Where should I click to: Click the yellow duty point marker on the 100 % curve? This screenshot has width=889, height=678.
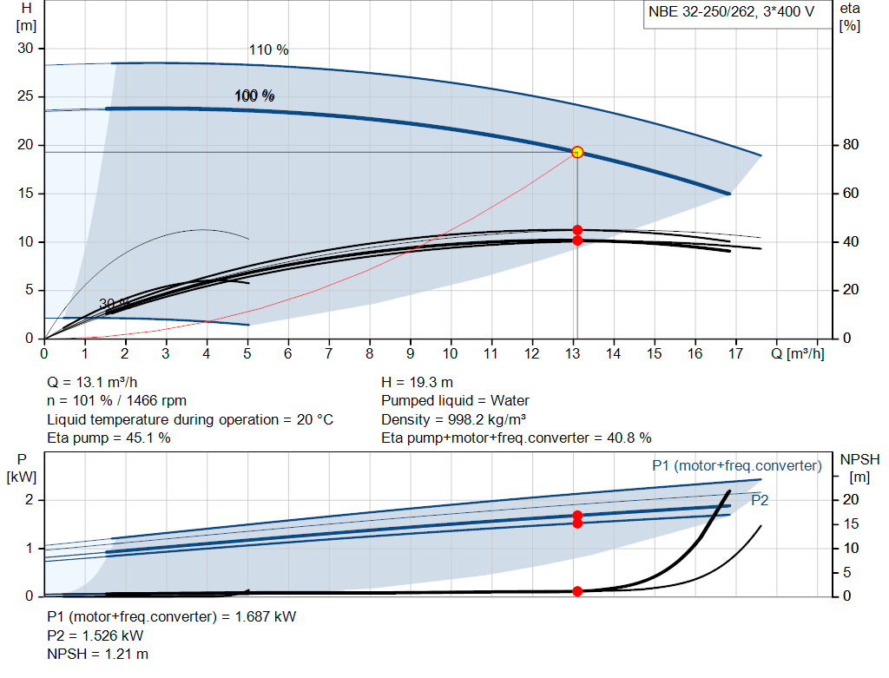pyautogui.click(x=577, y=152)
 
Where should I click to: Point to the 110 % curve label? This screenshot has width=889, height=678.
pyautogui.click(x=268, y=49)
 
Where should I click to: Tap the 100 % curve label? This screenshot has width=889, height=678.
pyautogui.click(x=254, y=95)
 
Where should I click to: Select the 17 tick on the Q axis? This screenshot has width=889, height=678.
pyautogui.click(x=736, y=353)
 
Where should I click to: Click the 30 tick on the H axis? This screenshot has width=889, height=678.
pyautogui.click(x=26, y=49)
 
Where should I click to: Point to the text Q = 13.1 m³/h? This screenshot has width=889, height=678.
pyautogui.click(x=91, y=382)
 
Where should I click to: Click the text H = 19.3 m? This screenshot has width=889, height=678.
pyautogui.click(x=417, y=382)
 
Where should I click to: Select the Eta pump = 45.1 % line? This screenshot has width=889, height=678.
pyautogui.click(x=109, y=438)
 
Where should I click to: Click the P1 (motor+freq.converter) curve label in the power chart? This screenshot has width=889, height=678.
pyautogui.click(x=736, y=466)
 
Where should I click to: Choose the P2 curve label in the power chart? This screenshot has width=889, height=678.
pyautogui.click(x=760, y=500)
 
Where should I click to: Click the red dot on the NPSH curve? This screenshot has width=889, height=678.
pyautogui.click(x=577, y=591)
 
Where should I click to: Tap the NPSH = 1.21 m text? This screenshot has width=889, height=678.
pyautogui.click(x=97, y=653)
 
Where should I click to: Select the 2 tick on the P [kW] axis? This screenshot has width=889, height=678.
pyautogui.click(x=29, y=500)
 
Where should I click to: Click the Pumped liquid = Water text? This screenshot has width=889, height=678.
pyautogui.click(x=455, y=400)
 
